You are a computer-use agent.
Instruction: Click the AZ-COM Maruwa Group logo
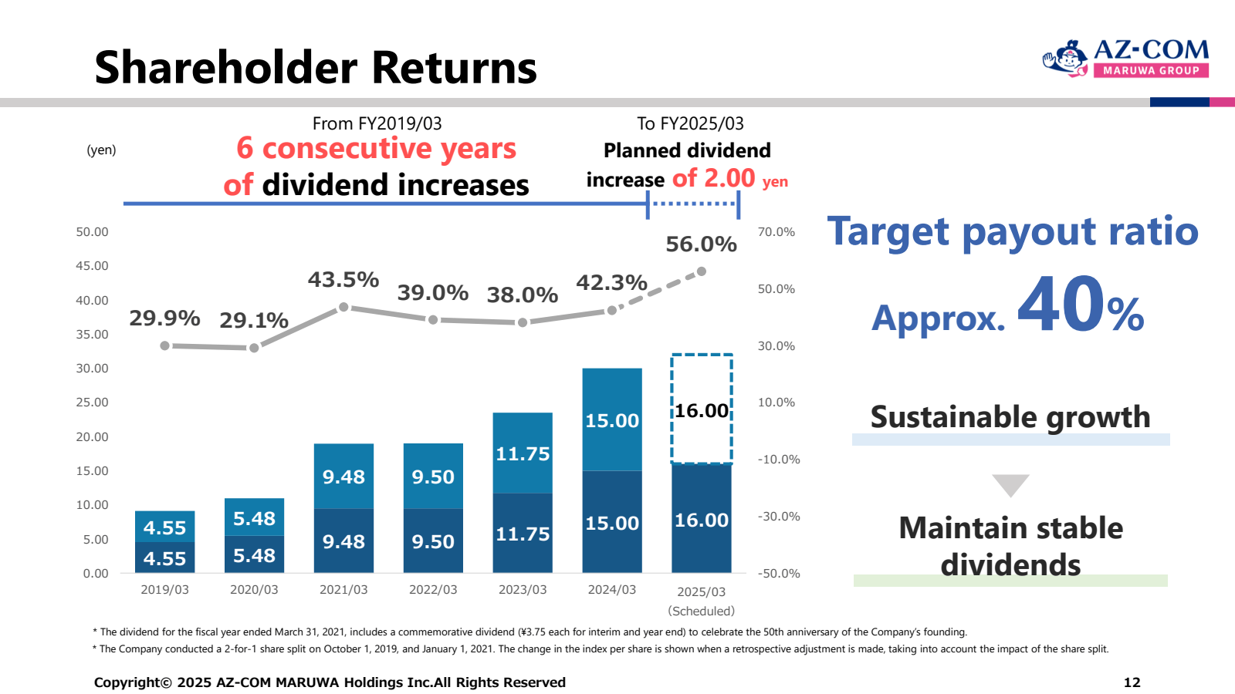tap(1125, 58)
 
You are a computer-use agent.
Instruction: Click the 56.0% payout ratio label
tap(701, 244)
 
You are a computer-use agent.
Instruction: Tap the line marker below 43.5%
tap(343, 308)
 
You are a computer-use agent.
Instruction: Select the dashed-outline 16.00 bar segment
tap(702, 409)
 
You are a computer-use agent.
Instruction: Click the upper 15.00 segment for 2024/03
tap(612, 419)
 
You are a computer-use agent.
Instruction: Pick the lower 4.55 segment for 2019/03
tap(164, 558)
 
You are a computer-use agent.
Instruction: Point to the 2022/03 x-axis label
tap(433, 590)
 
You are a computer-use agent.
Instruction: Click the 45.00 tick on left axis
tap(92, 266)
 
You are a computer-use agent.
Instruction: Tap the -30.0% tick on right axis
tap(779, 517)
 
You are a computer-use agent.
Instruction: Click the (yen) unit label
tap(101, 150)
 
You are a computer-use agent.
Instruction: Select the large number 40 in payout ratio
tap(1060, 306)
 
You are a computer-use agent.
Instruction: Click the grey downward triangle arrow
tap(1010, 485)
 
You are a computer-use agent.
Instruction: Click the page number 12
tap(1132, 682)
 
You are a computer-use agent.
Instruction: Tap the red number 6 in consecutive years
tap(245, 148)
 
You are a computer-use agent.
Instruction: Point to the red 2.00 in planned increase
tap(729, 178)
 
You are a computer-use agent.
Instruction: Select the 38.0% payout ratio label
tap(522, 295)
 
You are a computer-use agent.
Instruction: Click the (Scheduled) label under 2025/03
tap(701, 611)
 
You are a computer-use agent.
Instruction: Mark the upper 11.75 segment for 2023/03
tap(523, 453)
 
